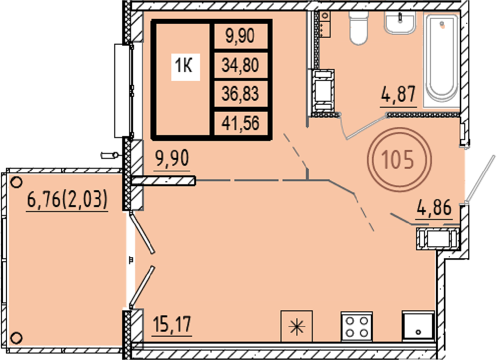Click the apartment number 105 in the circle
pyautogui.click(x=398, y=159)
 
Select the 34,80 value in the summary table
pyautogui.click(x=240, y=65)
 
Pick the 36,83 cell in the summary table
pyautogui.click(x=240, y=94)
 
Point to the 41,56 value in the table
pyautogui.click(x=240, y=123)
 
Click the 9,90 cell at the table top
pyautogui.click(x=240, y=35)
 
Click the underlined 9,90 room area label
pyautogui.click(x=173, y=159)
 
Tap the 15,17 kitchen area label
pyautogui.click(x=172, y=324)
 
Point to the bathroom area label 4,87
pyautogui.click(x=399, y=94)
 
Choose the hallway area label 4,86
pyautogui.click(x=434, y=208)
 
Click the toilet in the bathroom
pyautogui.click(x=358, y=28)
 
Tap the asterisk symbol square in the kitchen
pyautogui.click(x=297, y=327)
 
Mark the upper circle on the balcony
pyautogui.click(x=16, y=182)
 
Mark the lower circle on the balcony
pyautogui.click(x=16, y=338)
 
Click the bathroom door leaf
pyautogui.click(x=367, y=127)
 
